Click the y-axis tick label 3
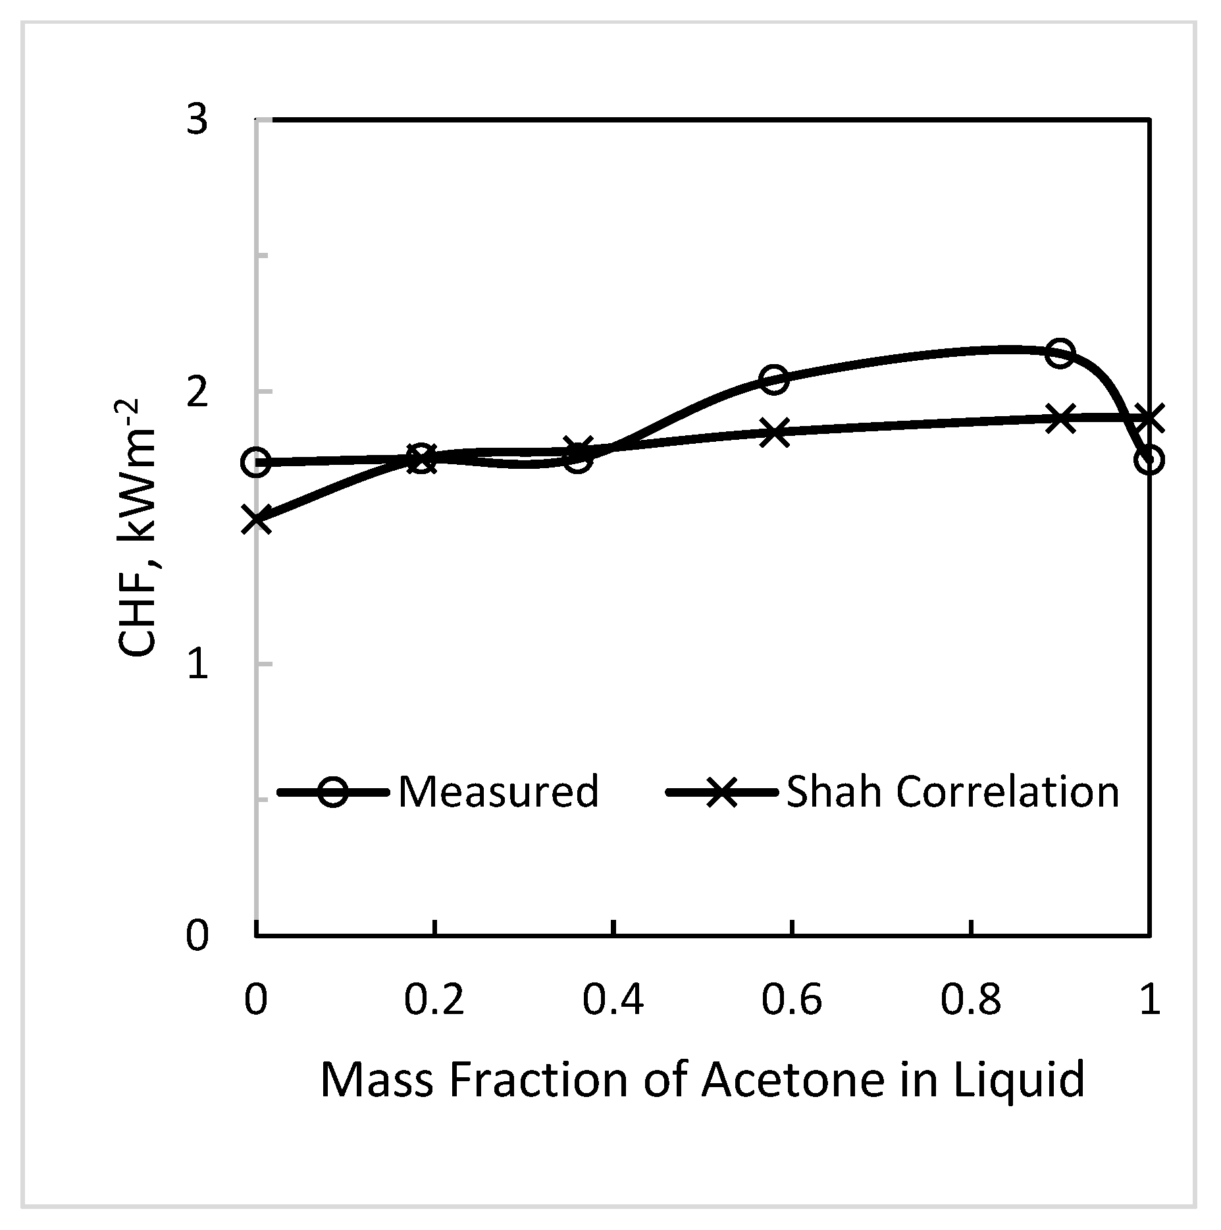pos(197,120)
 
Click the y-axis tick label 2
pos(197,392)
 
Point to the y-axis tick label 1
pos(197,665)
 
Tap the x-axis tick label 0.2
pos(434,1000)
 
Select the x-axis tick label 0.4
pos(613,1000)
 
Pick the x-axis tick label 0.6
pos(792,1000)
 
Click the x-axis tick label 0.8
pos(971,1000)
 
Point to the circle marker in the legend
pos(333,791)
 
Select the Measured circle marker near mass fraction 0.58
pos(774,379)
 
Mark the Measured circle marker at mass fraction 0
pos(256,462)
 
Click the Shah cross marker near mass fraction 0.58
pos(774,433)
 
